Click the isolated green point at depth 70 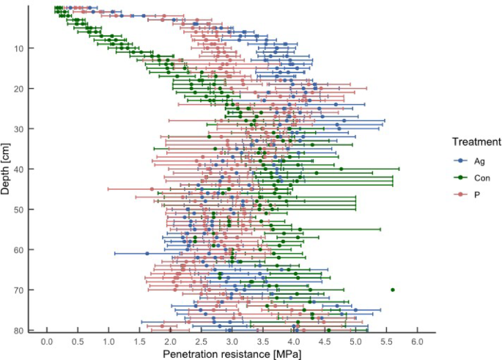coord(393,290)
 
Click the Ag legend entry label coord(479,161)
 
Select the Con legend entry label coord(482,178)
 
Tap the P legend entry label coord(477,195)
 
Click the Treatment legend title coord(476,142)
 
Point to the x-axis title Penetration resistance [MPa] coord(232,354)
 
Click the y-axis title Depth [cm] coord(5,169)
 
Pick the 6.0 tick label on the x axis coord(418,342)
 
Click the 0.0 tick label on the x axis coord(47,342)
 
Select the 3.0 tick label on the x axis coord(232,342)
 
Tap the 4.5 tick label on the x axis coord(325,342)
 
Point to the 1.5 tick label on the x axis coord(139,342)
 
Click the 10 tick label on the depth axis coord(19,48)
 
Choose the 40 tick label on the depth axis coord(19,169)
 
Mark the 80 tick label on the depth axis coord(19,330)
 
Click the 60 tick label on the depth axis coord(19,250)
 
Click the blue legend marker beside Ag coord(461,161)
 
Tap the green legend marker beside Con coord(461,177)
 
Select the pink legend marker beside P coord(461,194)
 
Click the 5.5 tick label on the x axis coord(386,342)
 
